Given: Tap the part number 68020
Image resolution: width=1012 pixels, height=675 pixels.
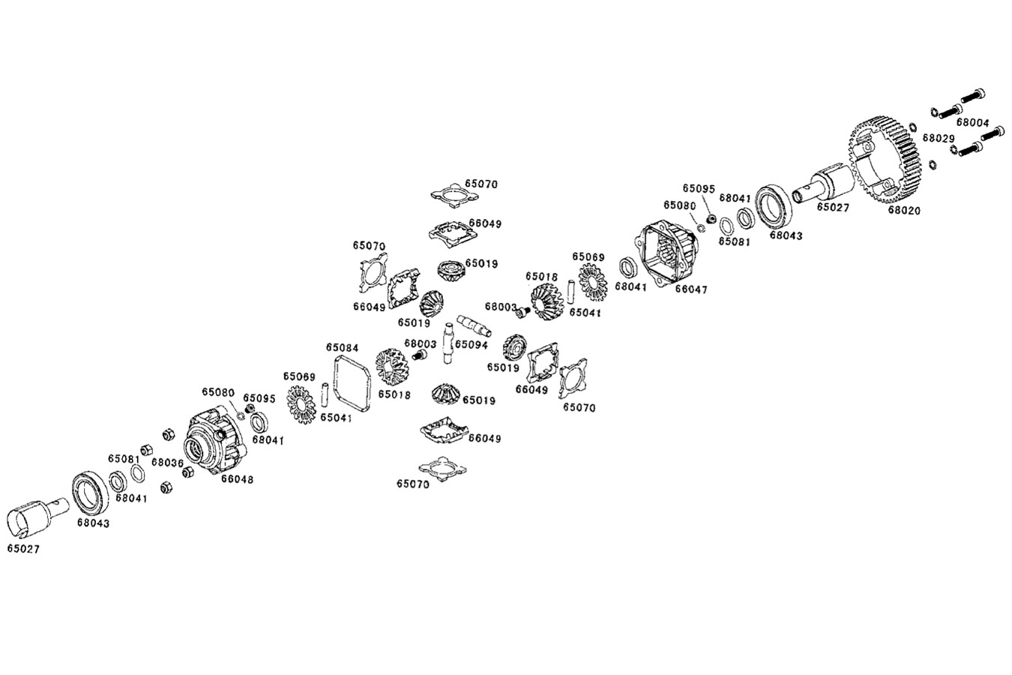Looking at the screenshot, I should [x=904, y=211].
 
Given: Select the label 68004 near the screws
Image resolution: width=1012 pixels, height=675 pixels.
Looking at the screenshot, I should [x=973, y=122].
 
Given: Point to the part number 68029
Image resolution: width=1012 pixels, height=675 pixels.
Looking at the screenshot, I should [x=938, y=139].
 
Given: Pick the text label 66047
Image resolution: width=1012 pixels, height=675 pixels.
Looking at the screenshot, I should [x=690, y=289].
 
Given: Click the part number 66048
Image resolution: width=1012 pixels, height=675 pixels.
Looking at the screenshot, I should [x=236, y=479].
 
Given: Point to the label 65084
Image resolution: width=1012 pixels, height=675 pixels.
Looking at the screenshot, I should [x=342, y=348].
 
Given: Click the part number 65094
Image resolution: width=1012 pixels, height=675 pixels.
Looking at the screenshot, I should [x=472, y=345].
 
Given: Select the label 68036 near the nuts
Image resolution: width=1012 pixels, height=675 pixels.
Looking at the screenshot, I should [x=167, y=463].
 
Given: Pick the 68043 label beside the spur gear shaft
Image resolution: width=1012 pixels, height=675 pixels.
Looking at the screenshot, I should [x=786, y=235].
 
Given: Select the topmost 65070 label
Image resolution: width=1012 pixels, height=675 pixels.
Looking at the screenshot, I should [x=481, y=184].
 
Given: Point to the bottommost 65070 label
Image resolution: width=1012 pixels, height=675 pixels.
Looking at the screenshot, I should [x=413, y=484].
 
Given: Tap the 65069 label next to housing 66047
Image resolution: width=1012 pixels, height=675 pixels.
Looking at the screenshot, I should [x=588, y=257].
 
